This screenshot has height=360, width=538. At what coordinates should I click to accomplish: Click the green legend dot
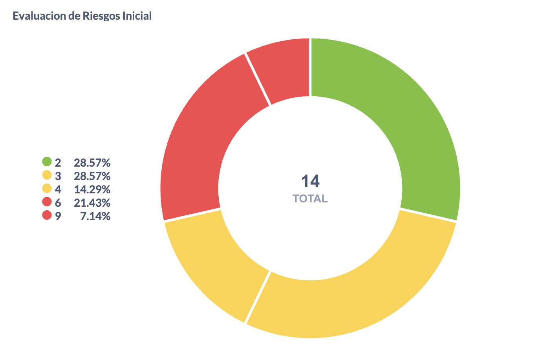point(47,162)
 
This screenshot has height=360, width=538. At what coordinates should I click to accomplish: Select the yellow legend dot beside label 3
point(47,175)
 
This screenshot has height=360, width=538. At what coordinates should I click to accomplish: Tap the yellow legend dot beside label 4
point(47,189)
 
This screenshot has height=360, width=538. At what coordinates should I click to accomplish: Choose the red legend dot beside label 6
point(47,202)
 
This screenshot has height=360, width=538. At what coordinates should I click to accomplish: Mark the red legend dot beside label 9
point(47,215)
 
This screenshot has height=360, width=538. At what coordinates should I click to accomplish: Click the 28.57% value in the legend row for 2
point(92,162)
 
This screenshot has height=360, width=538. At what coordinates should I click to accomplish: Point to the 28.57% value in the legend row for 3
point(92,176)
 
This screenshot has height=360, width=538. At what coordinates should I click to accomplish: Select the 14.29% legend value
point(92,189)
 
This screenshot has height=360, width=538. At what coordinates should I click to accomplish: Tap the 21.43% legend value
point(92,203)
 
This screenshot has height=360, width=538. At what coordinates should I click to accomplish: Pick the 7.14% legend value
point(95,216)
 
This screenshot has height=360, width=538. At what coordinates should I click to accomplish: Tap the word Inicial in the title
point(138,16)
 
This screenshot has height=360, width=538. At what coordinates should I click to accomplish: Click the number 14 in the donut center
point(310,181)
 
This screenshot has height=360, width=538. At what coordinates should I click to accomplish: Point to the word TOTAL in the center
point(310,199)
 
